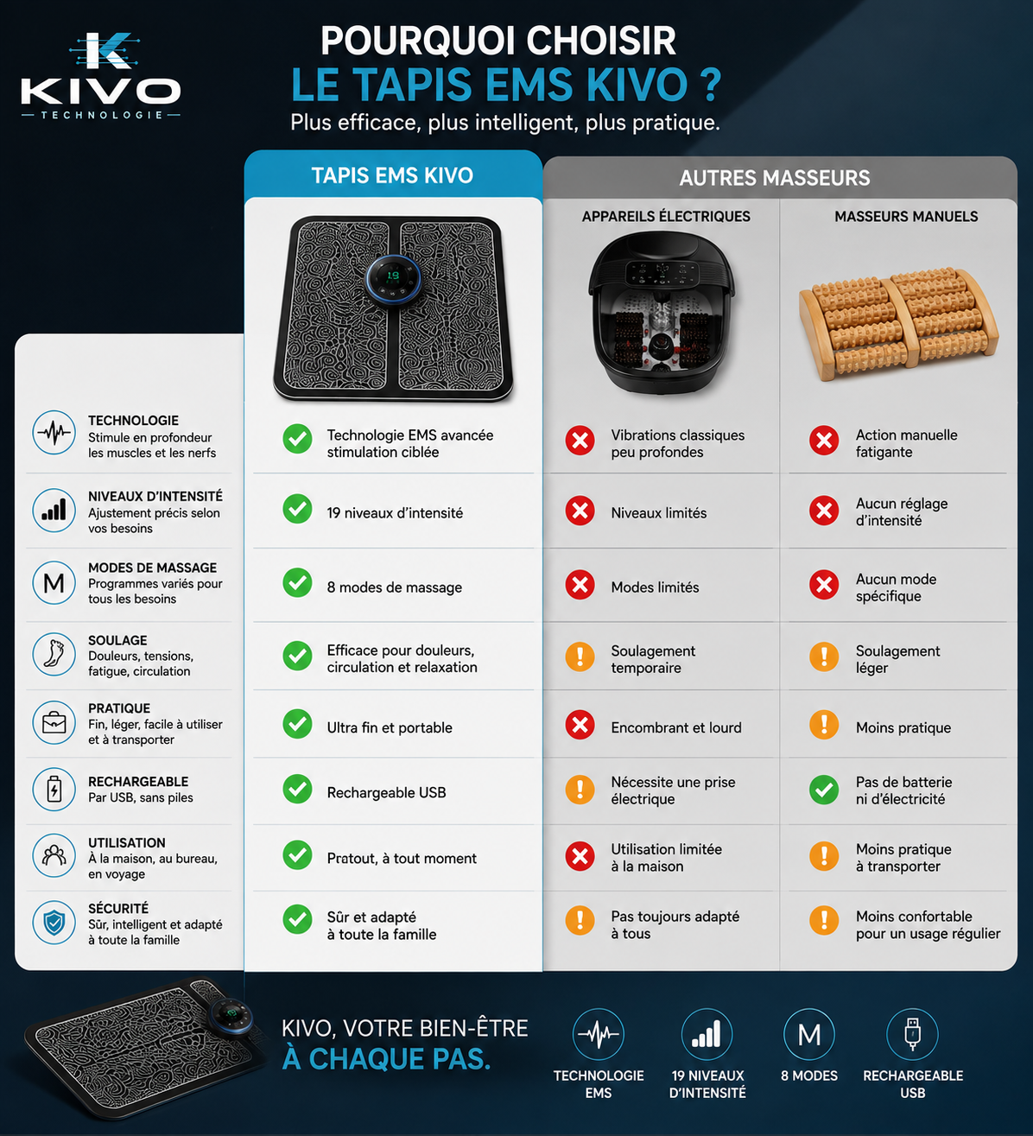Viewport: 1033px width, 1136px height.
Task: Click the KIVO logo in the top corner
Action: [100, 76]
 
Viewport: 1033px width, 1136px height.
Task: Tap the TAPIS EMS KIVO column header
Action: [392, 175]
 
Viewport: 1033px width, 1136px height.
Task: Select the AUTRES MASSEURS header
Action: [774, 178]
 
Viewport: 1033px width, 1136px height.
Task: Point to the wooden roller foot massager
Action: [899, 324]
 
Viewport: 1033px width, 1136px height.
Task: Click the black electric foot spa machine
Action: [662, 314]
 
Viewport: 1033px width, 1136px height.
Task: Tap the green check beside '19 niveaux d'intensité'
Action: [297, 509]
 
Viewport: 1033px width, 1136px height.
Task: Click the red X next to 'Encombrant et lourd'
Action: [580, 725]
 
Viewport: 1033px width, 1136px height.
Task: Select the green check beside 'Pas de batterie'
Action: [824, 790]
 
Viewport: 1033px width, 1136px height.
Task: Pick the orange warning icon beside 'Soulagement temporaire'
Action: [580, 657]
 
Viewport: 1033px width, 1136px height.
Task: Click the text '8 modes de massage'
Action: [394, 587]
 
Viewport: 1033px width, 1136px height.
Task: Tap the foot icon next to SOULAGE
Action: [54, 654]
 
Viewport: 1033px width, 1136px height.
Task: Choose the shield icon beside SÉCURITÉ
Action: [54, 923]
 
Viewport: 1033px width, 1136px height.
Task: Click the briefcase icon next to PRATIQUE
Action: [54, 722]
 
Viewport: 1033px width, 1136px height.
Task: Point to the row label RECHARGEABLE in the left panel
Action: [138, 782]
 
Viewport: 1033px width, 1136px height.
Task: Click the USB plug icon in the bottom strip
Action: [912, 1034]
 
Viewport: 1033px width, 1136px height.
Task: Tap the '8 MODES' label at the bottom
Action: [808, 1076]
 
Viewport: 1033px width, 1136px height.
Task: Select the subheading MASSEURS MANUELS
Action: [906, 216]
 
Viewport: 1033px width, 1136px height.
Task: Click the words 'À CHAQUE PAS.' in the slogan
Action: [386, 1059]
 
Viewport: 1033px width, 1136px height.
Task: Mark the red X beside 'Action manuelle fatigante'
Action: [824, 441]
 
